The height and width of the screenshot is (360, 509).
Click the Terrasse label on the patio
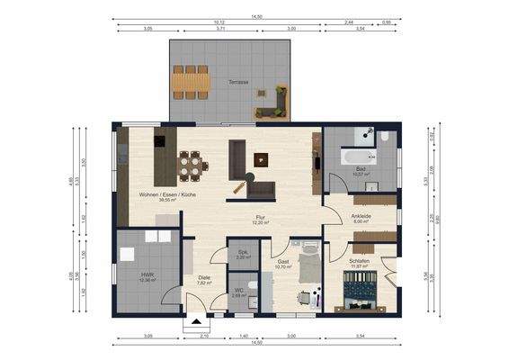coord(238,82)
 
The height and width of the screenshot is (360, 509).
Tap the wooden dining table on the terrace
coord(191,80)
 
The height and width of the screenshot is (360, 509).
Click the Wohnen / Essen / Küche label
coord(166,196)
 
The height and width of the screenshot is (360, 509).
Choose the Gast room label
coord(283,264)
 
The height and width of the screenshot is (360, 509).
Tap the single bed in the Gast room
coord(307,265)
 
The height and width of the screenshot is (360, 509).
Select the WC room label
coord(238,292)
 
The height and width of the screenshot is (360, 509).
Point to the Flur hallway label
coord(260,218)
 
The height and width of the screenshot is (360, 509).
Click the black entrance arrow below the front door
coord(197,319)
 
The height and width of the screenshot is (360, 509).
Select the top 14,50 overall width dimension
coord(256,16)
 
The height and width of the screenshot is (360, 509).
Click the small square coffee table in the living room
coord(262,159)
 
